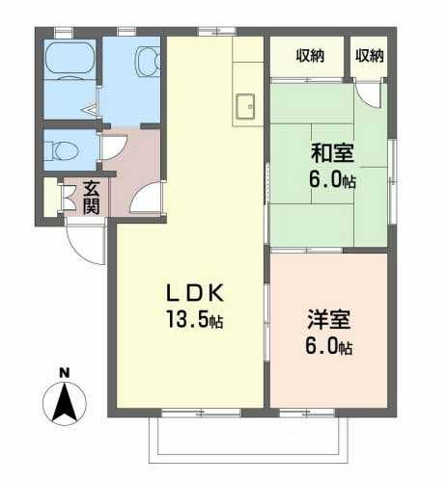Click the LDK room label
[x=195, y=292]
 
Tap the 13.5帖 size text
[x=194, y=319]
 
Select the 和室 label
[x=332, y=153]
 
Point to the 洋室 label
[x=329, y=319]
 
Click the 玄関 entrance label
[x=91, y=198]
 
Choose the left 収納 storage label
[x=310, y=56]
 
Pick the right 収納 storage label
[x=370, y=56]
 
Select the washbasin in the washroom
[x=149, y=61]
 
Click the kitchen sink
[x=245, y=106]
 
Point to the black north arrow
[x=65, y=402]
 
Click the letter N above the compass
[x=65, y=373]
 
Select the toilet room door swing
[x=114, y=147]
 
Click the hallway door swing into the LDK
[x=147, y=198]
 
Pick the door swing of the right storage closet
[x=368, y=94]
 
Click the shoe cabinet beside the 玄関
[x=50, y=197]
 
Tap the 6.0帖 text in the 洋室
[x=328, y=346]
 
